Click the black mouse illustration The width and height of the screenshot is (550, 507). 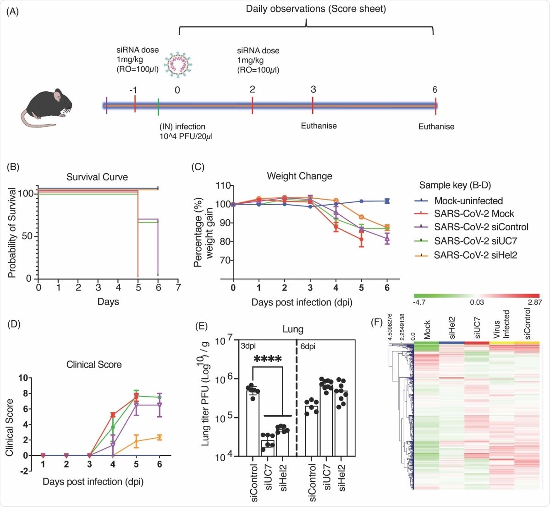(x=46, y=108)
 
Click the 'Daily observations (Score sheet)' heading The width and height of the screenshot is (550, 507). (x=316, y=9)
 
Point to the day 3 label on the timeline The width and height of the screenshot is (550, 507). (x=313, y=89)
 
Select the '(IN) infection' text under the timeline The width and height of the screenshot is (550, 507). (x=182, y=127)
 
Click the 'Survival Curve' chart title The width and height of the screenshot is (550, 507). (x=97, y=177)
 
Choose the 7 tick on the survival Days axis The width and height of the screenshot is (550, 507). (x=178, y=288)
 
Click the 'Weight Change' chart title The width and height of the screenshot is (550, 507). (x=299, y=176)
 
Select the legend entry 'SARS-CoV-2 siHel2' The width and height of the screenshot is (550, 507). (x=475, y=255)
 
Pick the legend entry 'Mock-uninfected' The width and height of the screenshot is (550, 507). (x=468, y=201)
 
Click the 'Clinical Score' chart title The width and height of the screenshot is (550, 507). (x=94, y=365)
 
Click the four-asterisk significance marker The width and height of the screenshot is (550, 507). (x=267, y=359)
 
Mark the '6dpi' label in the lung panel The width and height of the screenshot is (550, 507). (x=308, y=346)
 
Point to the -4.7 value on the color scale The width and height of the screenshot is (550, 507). (x=420, y=302)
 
